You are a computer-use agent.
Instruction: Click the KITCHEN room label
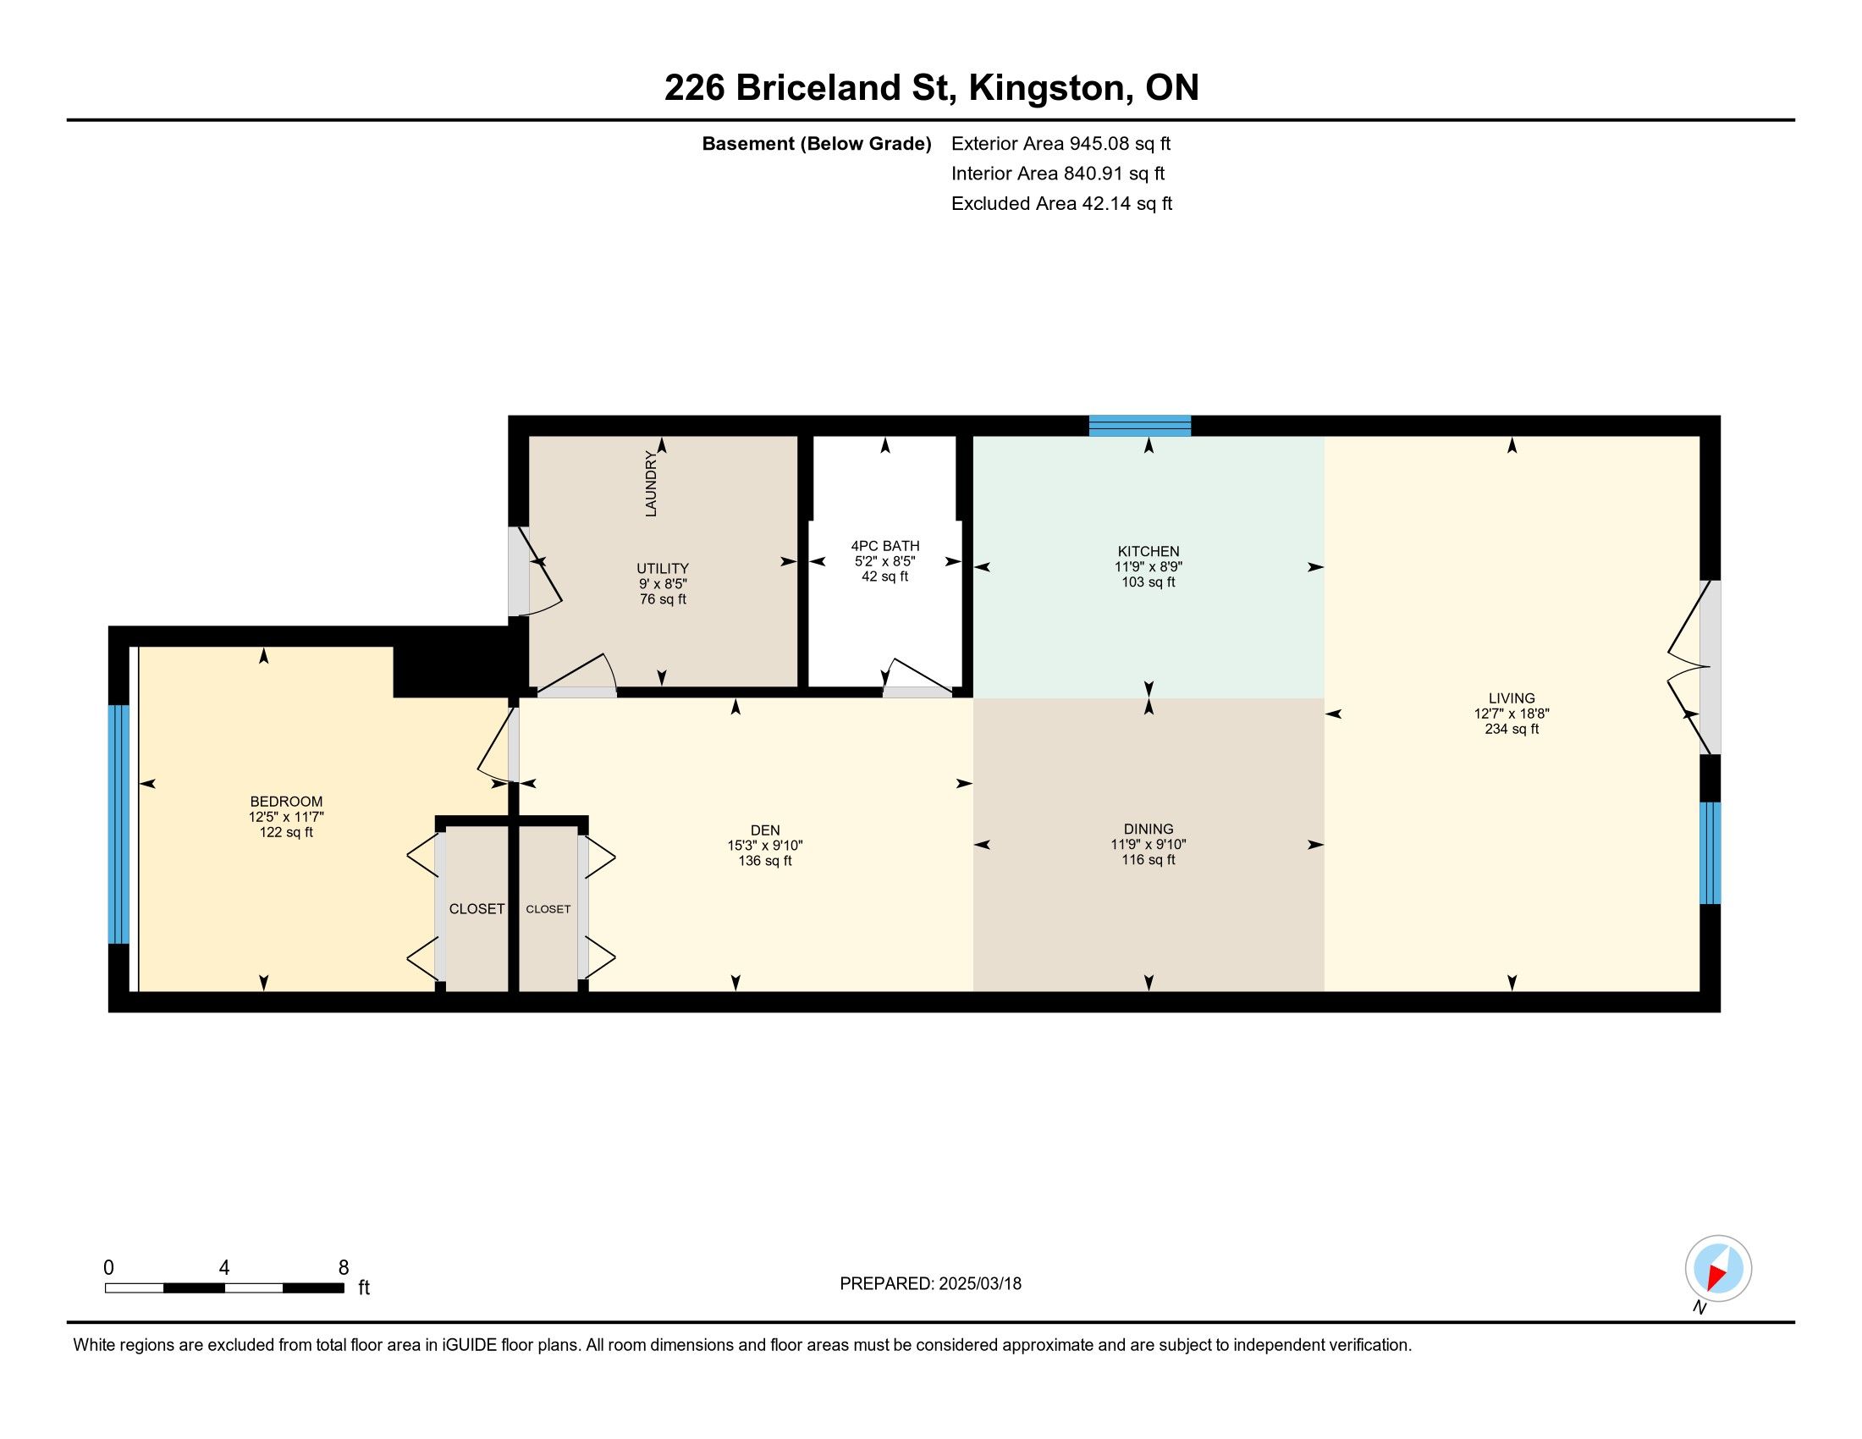point(1149,552)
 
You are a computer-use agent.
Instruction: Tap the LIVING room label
point(1512,698)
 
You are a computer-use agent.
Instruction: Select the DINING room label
point(1149,829)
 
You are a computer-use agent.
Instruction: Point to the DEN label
point(765,830)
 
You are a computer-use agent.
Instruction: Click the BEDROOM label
point(286,802)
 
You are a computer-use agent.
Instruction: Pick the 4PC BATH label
point(885,546)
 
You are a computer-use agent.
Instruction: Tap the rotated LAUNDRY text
point(652,483)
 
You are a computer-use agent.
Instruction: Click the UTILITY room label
point(663,569)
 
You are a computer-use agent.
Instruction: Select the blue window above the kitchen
point(1140,426)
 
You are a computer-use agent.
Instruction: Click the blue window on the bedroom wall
point(118,824)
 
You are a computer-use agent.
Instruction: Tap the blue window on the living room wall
point(1711,852)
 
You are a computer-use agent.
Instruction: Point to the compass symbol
point(1718,1268)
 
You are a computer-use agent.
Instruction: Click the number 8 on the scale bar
point(344,1268)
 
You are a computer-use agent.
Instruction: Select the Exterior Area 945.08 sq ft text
point(1060,143)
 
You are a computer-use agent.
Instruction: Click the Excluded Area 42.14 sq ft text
point(1061,203)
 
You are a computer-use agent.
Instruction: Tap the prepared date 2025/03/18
point(979,1284)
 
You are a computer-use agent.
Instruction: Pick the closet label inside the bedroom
point(477,909)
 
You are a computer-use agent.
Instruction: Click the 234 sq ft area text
point(1512,729)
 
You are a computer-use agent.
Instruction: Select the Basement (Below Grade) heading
point(816,143)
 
